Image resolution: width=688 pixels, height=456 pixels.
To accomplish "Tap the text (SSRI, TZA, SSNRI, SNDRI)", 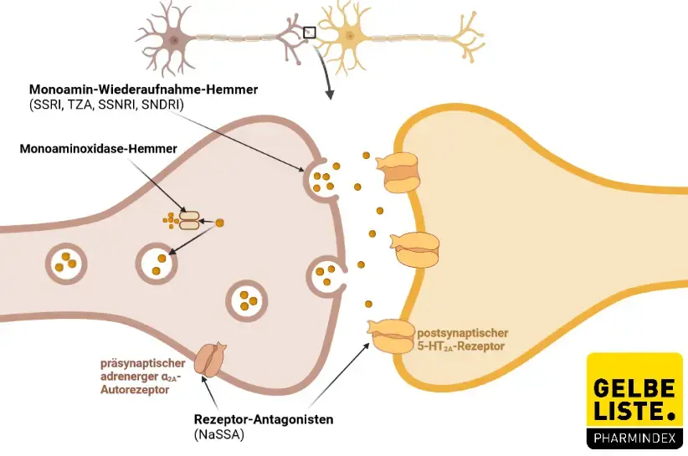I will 106,104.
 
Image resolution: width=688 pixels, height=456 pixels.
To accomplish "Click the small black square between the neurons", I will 309,33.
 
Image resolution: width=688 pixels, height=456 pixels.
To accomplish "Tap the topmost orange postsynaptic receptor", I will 400,172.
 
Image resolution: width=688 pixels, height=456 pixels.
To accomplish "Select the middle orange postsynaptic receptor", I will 416,249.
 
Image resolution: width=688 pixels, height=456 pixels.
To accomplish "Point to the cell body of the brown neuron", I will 174,39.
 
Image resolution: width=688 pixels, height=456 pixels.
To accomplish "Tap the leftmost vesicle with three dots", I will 64,262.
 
